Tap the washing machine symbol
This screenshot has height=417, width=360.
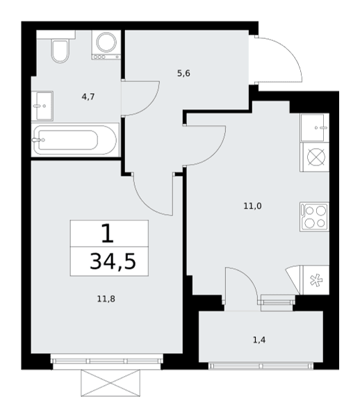pyautogui.click(x=106, y=44)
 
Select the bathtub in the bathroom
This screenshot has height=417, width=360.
pyautogui.click(x=75, y=140)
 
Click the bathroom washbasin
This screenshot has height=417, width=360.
pyautogui.click(x=42, y=106)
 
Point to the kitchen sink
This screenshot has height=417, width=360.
pyautogui.click(x=315, y=128)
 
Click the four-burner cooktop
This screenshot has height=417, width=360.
pyautogui.click(x=315, y=217)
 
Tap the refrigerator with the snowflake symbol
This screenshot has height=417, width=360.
pyautogui.click(x=315, y=280)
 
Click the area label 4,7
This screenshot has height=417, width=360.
pyautogui.click(x=88, y=97)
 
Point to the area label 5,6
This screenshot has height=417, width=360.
pyautogui.click(x=183, y=73)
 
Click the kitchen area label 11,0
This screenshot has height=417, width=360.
pyautogui.click(x=252, y=206)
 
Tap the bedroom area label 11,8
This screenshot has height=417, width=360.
pyautogui.click(x=106, y=299)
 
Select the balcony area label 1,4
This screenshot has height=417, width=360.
pyautogui.click(x=259, y=340)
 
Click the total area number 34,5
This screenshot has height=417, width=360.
pyautogui.click(x=113, y=262)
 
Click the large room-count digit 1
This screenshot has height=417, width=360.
pyautogui.click(x=108, y=234)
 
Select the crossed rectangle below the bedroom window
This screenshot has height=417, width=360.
pyautogui.click(x=111, y=383)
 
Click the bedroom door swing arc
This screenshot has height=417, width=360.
pyautogui.click(x=146, y=203)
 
